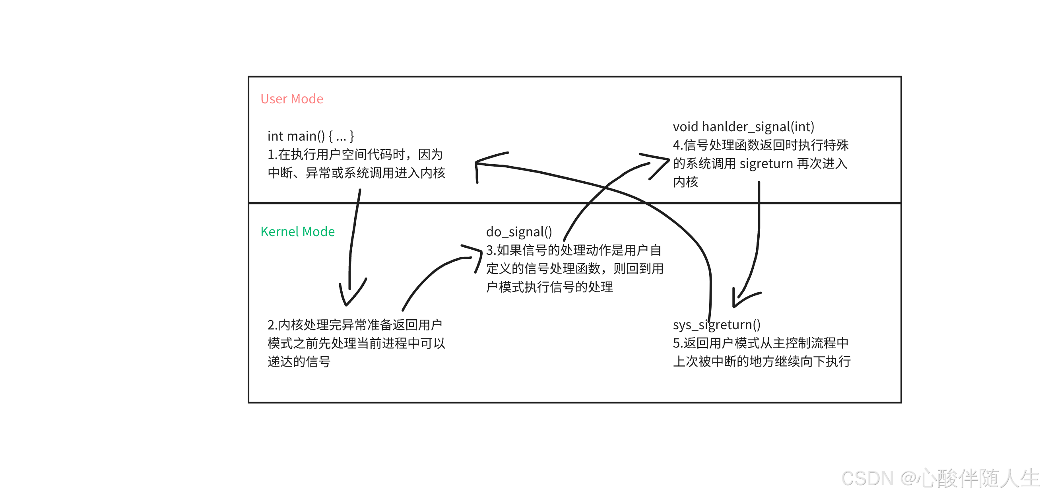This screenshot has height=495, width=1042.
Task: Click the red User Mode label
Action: click(x=292, y=99)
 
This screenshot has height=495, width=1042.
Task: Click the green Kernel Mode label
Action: click(x=298, y=232)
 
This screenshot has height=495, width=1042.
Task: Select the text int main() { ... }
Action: click(x=310, y=136)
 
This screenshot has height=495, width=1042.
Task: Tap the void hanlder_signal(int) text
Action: click(x=743, y=127)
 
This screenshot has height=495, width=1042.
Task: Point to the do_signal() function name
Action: click(x=519, y=232)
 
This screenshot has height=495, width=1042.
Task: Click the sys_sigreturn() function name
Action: click(x=716, y=325)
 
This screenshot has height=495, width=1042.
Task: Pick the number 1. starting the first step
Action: click(x=272, y=155)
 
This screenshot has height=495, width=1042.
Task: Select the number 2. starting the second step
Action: click(x=272, y=325)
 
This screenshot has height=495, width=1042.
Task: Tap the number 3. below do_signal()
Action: click(x=491, y=250)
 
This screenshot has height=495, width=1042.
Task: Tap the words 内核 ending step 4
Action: click(x=686, y=182)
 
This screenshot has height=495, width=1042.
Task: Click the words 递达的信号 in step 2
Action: click(x=299, y=362)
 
